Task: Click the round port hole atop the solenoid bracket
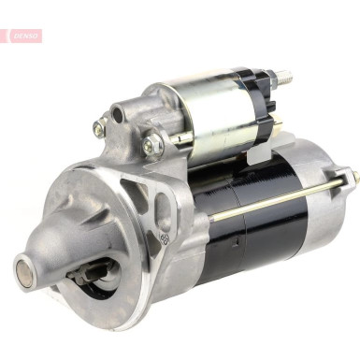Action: point(118,114)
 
